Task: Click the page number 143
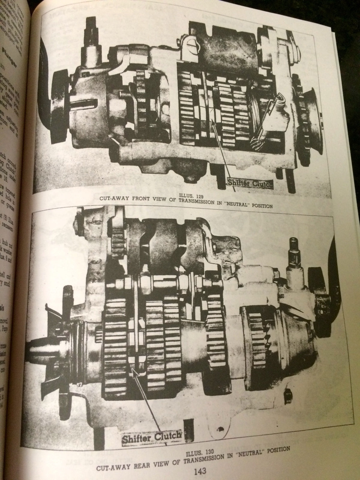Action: point(199,471)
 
